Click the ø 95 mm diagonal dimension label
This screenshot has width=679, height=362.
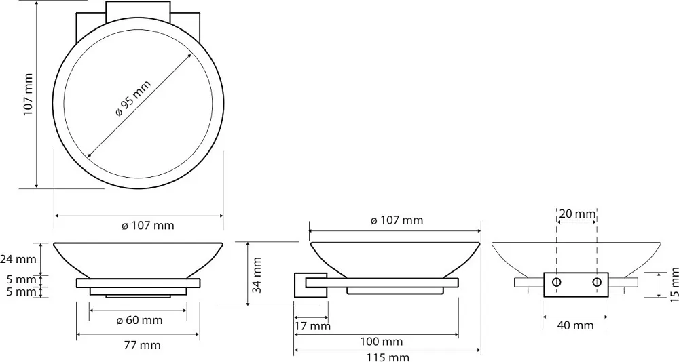click(x=134, y=98)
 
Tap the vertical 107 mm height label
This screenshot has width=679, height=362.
click(x=28, y=94)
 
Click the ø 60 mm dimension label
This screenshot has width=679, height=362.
click(x=139, y=320)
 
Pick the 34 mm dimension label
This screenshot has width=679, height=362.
click(x=257, y=275)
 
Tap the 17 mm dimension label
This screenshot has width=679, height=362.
click(x=312, y=325)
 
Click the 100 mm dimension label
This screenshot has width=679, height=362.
click(x=382, y=342)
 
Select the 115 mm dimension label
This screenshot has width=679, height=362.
click(x=388, y=357)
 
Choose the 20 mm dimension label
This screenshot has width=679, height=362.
click(x=577, y=214)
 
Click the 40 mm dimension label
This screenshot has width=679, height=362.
click(x=576, y=325)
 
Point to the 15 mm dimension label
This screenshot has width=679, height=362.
click(x=674, y=284)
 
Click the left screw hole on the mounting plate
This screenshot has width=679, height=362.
click(x=557, y=283)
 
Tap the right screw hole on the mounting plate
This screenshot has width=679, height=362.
click(x=597, y=283)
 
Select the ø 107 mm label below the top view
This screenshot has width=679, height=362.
click(x=147, y=225)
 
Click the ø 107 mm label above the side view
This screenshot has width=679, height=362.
click(x=397, y=220)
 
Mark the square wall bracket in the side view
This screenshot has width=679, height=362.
click(x=310, y=285)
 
